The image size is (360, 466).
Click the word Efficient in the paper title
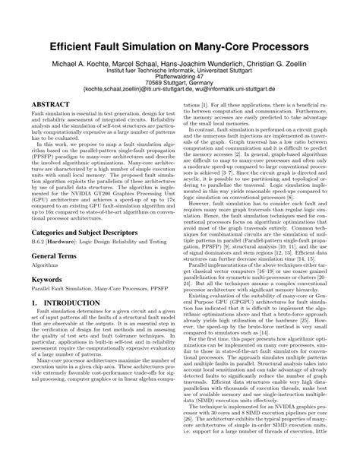78,46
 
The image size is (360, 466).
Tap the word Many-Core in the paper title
228,46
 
